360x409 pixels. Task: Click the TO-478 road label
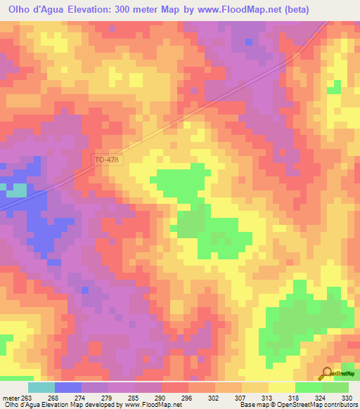[108, 160]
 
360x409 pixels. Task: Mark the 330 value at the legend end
[345, 397]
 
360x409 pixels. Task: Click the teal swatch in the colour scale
[41, 387]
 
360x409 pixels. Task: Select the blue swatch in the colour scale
[68, 387]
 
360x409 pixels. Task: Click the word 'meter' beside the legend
[11, 397]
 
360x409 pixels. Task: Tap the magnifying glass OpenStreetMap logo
[327, 373]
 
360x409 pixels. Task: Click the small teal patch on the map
[16, 190]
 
